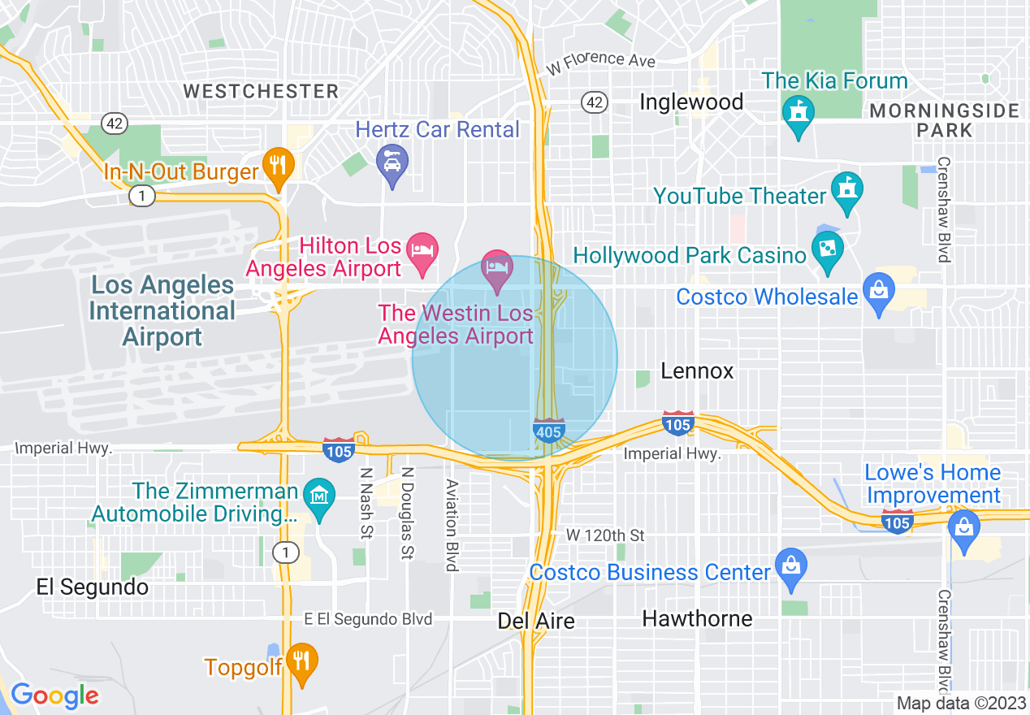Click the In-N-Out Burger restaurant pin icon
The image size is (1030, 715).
[279, 166]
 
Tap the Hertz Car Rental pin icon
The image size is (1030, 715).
[392, 162]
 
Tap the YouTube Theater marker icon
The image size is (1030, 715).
[847, 188]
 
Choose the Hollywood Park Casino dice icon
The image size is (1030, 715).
[827, 247]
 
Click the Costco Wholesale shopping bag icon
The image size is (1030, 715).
[879, 290]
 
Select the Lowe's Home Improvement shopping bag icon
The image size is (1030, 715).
[964, 527]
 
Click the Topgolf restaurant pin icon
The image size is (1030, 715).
[301, 660]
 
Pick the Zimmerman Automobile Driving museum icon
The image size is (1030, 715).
[318, 495]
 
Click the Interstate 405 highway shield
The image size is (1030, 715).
[549, 431]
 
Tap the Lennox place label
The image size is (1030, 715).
[697, 371]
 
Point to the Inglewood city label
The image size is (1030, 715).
[691, 102]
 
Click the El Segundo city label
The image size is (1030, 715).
[93, 587]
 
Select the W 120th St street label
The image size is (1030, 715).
[605, 535]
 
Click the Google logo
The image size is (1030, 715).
[54, 695]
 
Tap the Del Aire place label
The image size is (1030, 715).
[536, 622]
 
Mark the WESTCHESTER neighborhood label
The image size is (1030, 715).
[261, 91]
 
